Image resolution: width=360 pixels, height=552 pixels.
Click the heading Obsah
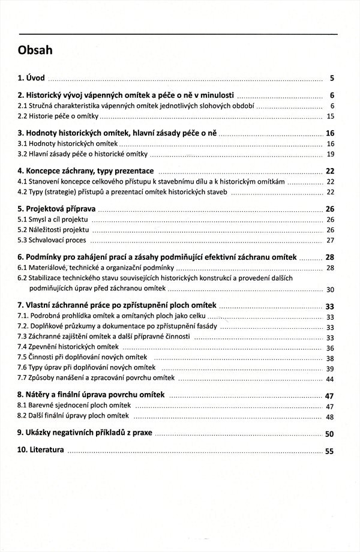(35, 50)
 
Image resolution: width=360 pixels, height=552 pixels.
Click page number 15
(330, 116)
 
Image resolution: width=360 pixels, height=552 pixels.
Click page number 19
(330, 155)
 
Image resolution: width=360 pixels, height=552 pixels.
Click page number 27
(330, 241)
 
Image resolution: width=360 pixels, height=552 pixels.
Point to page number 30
(330, 290)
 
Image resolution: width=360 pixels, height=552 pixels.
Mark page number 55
(329, 452)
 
